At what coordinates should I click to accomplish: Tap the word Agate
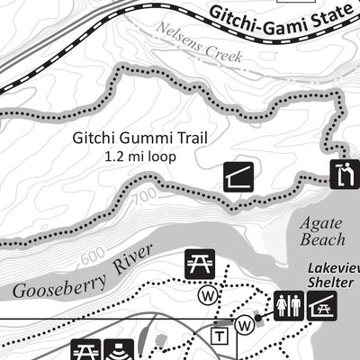click(321, 221)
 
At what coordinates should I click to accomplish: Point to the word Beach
click(324, 239)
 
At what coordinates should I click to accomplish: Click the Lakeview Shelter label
click(334, 274)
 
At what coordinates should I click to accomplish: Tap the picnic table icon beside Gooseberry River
click(199, 264)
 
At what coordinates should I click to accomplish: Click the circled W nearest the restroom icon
click(243, 324)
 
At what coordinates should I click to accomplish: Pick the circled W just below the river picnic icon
click(207, 293)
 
